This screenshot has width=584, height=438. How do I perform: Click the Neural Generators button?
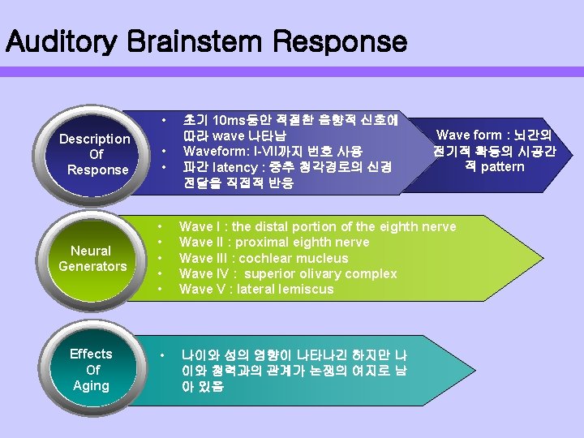pyautogui.click(x=92, y=258)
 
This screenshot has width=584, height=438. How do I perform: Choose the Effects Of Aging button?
pyautogui.click(x=91, y=369)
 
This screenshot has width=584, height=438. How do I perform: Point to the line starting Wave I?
pyautogui.click(x=317, y=227)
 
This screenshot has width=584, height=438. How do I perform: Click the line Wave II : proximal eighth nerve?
pyautogui.click(x=273, y=243)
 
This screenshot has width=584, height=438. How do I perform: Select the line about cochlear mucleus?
pyautogui.click(x=263, y=258)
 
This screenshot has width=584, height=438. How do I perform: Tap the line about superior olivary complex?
pyautogui.click(x=288, y=273)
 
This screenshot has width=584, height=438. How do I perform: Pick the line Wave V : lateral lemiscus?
pyautogui.click(x=256, y=289)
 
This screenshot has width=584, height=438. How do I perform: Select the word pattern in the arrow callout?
pyautogui.click(x=503, y=167)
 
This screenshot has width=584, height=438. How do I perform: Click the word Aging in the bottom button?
pyautogui.click(x=91, y=385)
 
